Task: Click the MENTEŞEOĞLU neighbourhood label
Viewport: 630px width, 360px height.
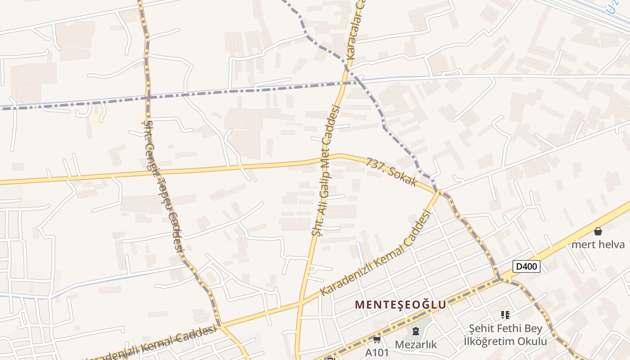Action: [400, 305]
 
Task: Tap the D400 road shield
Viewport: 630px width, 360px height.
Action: [526, 266]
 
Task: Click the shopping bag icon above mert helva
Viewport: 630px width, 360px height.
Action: [598, 231]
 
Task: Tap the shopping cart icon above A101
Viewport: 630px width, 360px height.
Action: [377, 340]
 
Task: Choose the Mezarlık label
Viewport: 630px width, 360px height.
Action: [416, 344]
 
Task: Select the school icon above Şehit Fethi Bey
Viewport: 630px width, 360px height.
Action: [505, 315]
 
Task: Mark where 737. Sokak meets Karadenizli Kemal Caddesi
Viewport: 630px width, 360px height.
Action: [438, 193]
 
